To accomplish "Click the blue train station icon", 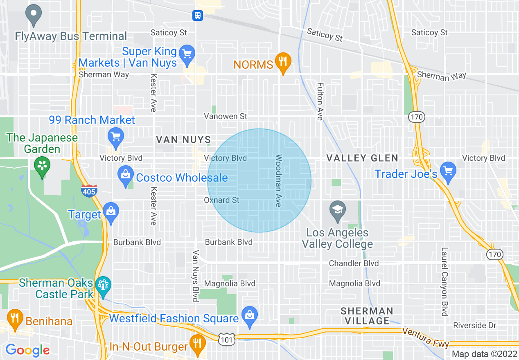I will click(198, 16).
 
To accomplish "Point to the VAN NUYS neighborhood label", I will click(183, 140).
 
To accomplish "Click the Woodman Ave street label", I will click(279, 180).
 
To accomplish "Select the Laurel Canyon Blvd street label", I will click(444, 281).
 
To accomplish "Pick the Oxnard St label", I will click(221, 200).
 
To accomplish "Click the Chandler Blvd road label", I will click(354, 263).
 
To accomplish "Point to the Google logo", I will click(27, 350).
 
